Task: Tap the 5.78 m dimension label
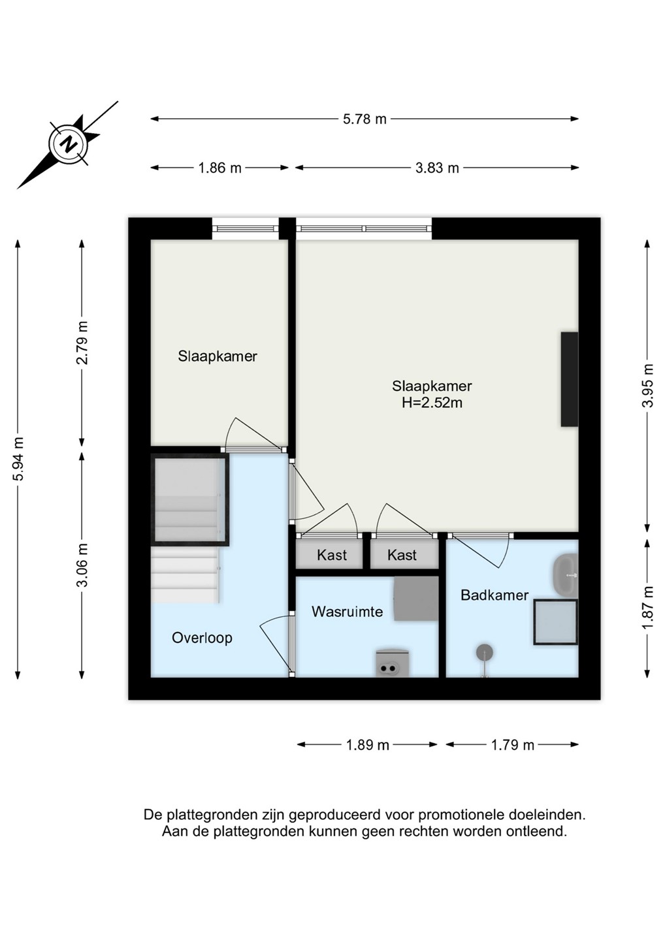coord(365,119)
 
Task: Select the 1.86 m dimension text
coord(219,168)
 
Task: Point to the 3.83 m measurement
coord(437,168)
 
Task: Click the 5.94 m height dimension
coord(18,458)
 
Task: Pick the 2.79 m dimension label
coord(82,343)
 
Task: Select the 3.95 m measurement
coord(648,385)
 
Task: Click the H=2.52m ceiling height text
coord(432,403)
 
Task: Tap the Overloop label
coord(202,638)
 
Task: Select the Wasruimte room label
coord(347,612)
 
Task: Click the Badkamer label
coord(495,595)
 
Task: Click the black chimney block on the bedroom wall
coord(569,379)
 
